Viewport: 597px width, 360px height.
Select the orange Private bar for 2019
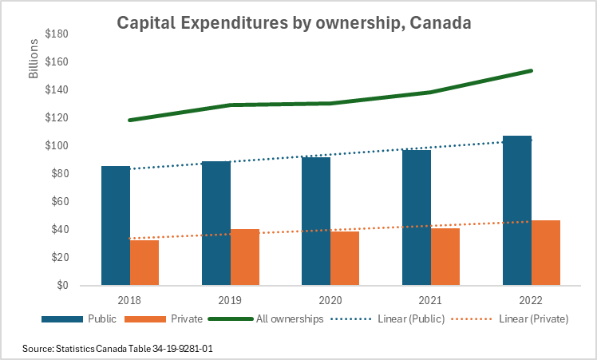[245, 257]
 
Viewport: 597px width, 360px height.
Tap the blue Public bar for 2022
[517, 211]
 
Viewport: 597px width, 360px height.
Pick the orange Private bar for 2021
[445, 257]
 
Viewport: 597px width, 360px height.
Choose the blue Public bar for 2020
[316, 221]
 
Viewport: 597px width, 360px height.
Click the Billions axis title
[34, 59]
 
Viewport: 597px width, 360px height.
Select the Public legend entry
[103, 319]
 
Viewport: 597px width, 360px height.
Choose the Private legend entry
[187, 319]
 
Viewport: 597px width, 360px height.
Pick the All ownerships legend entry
[289, 319]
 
